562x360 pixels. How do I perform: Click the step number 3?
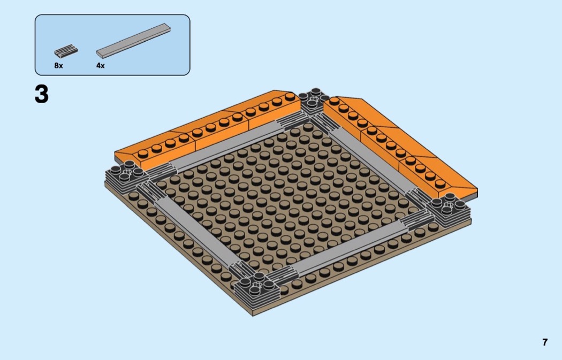click(x=42, y=94)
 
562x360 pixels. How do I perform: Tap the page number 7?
click(x=545, y=342)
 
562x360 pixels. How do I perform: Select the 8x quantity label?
click(x=58, y=66)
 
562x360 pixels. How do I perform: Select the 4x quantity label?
click(x=101, y=66)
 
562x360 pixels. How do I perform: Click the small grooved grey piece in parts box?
click(x=66, y=51)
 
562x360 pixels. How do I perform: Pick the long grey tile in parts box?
click(x=133, y=41)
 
